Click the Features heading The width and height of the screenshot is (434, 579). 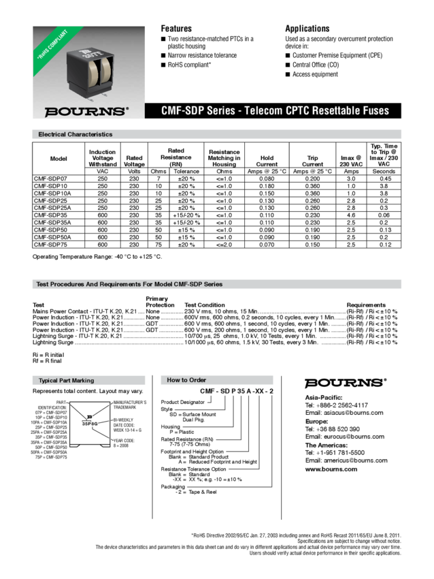[176, 29]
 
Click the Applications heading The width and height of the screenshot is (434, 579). [307, 29]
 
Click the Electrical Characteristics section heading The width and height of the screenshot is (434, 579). [75, 135]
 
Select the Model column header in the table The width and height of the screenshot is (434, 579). [59, 159]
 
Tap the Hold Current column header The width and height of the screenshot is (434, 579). [267, 161]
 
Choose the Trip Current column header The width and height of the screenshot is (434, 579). [314, 161]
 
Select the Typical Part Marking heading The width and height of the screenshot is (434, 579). [66, 380]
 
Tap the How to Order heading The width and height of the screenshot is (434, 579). [186, 380]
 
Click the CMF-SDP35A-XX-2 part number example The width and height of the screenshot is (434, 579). [236, 392]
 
